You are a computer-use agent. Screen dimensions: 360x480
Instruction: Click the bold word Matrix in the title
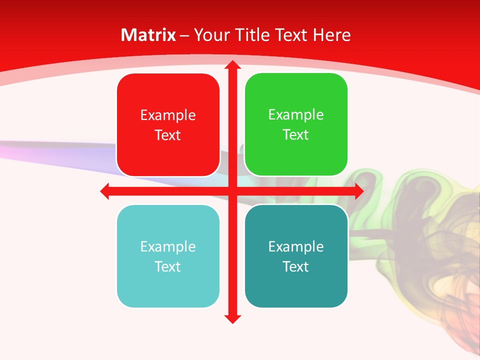click(148, 35)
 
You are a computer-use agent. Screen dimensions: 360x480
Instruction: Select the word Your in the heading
click(211, 35)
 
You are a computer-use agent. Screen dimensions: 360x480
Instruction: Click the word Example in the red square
click(168, 115)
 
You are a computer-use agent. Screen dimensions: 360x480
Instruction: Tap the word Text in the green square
click(295, 134)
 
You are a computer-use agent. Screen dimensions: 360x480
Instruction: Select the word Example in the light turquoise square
click(168, 246)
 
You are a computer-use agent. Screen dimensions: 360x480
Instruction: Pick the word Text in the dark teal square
click(295, 266)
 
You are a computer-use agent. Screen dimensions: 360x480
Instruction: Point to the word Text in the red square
click(167, 135)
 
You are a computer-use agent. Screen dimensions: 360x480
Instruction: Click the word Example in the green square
click(296, 114)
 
